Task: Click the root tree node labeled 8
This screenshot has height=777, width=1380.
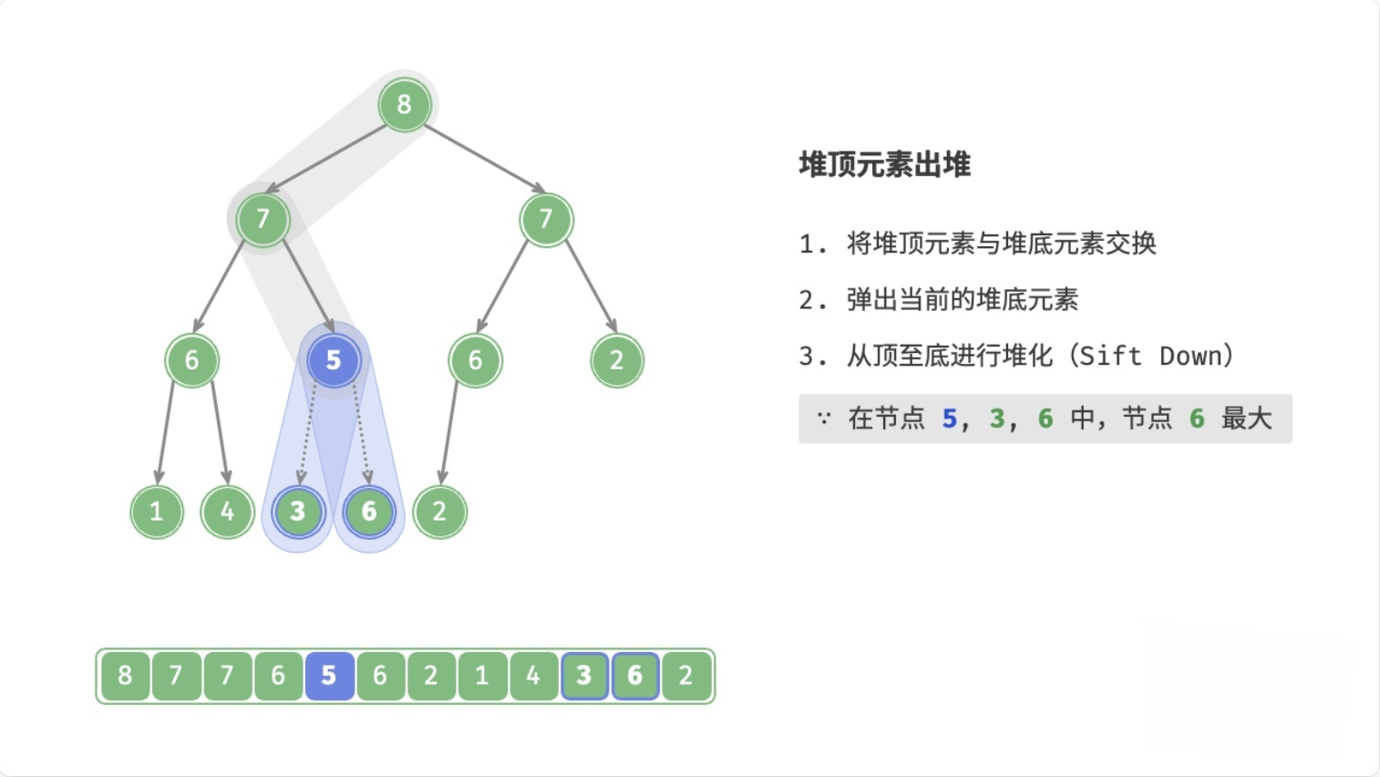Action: (404, 105)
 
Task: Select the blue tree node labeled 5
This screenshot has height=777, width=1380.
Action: (334, 360)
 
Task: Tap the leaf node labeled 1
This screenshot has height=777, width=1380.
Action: (157, 512)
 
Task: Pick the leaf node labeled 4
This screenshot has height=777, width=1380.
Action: (227, 512)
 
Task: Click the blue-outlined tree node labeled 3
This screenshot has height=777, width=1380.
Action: (298, 512)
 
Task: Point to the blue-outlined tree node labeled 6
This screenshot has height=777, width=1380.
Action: (369, 512)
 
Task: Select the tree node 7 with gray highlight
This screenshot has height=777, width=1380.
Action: (263, 220)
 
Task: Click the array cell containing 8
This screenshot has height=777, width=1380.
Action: (125, 676)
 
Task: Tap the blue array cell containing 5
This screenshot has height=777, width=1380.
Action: (329, 676)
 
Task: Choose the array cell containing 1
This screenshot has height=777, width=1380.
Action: (482, 676)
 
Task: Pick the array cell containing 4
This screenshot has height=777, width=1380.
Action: (533, 676)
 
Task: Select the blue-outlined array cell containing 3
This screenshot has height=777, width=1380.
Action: (584, 676)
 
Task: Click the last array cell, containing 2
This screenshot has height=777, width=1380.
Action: (686, 676)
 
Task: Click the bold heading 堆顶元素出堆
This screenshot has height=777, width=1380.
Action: (884, 165)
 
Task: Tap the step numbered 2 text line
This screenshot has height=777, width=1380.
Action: (939, 300)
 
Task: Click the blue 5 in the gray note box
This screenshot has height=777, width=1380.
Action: (949, 419)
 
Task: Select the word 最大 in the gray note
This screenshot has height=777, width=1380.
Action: (1246, 419)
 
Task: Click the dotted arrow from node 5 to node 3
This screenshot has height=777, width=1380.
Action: (307, 434)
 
